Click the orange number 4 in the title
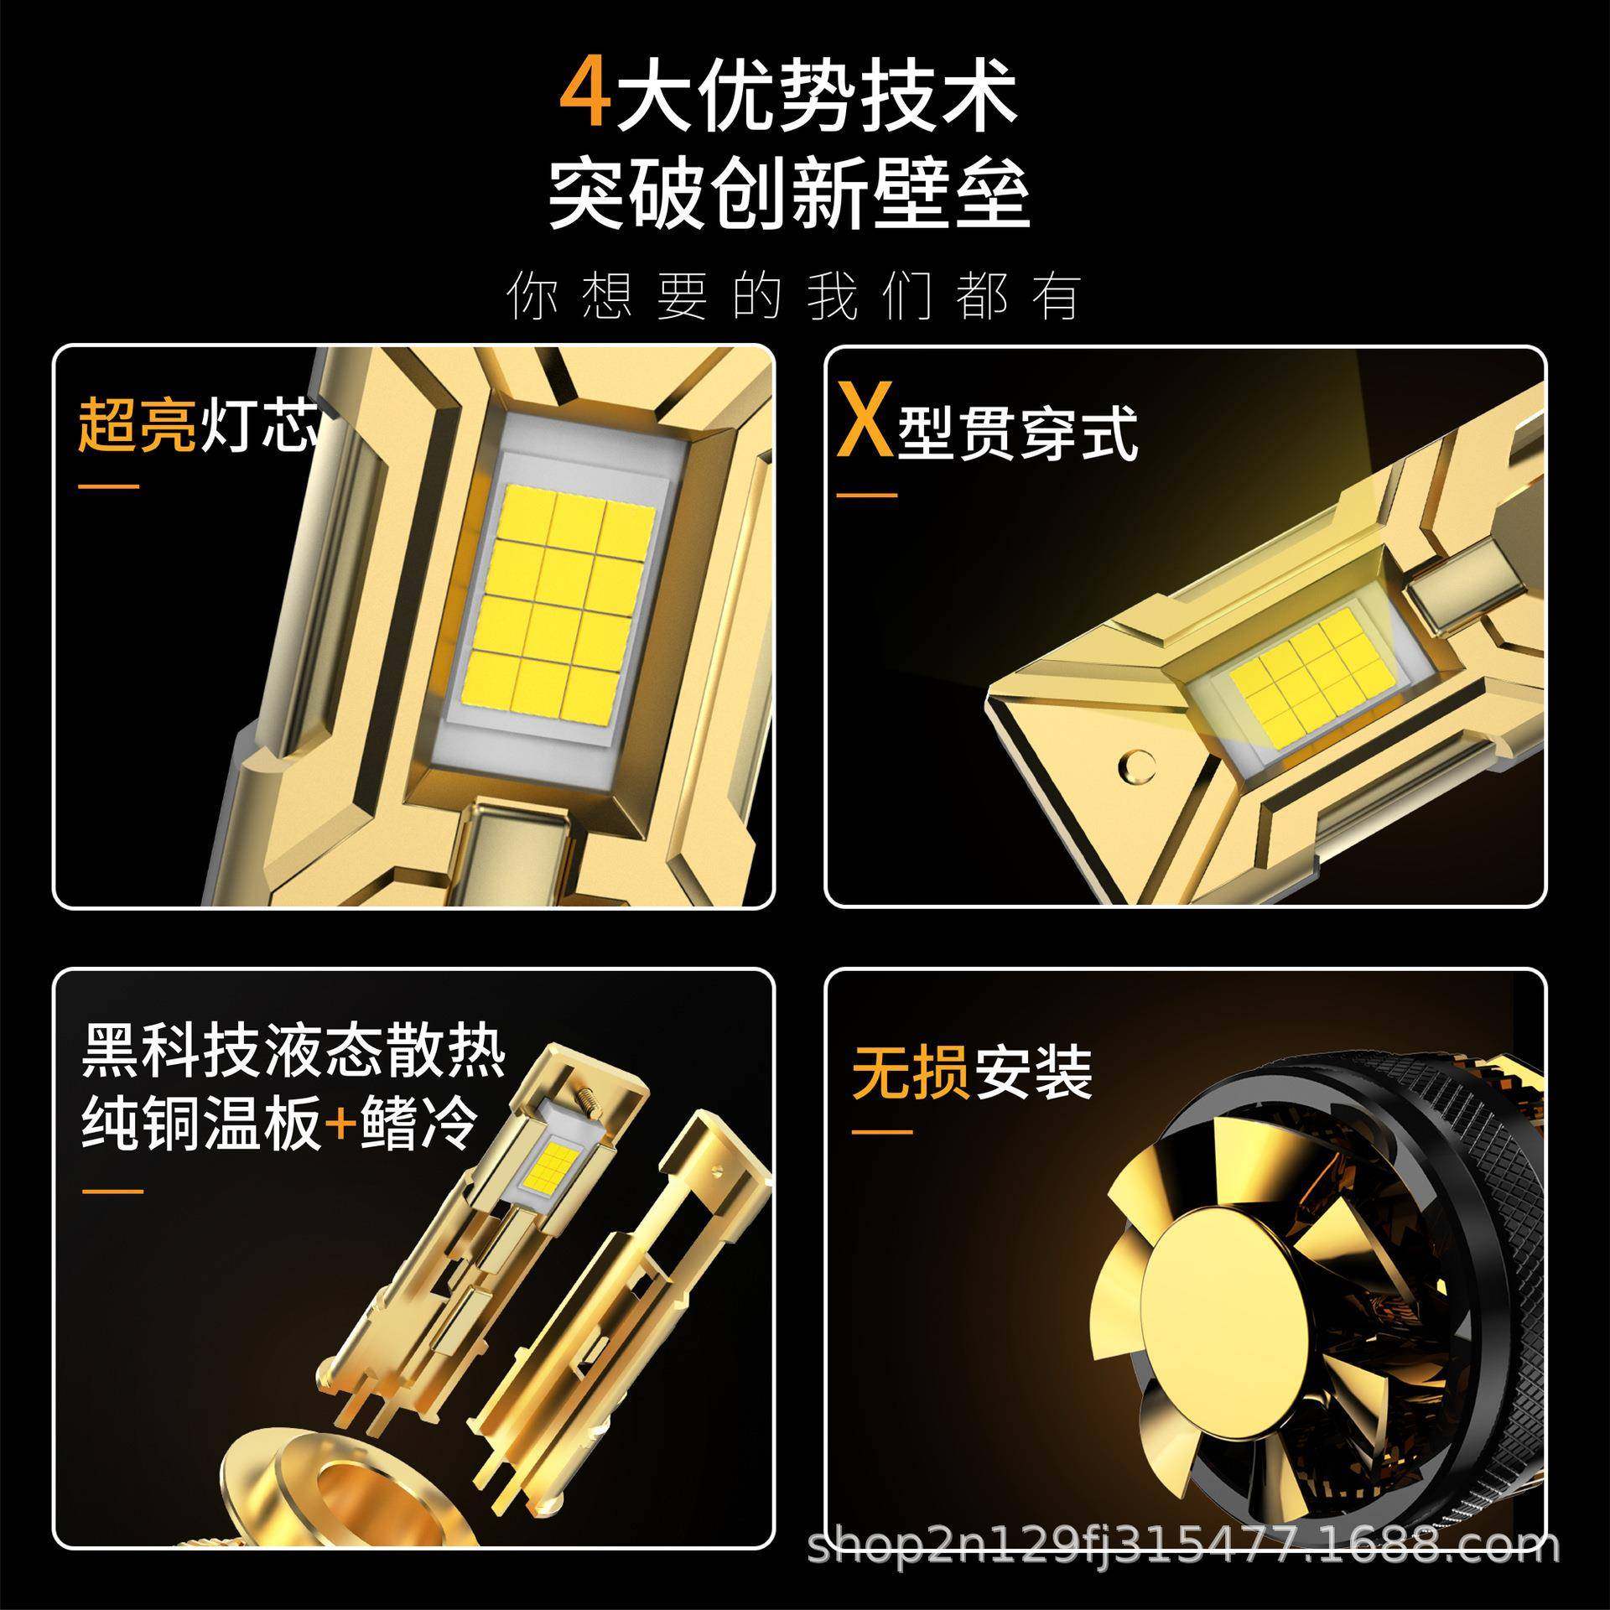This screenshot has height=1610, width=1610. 584,101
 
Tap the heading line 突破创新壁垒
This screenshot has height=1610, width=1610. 788,197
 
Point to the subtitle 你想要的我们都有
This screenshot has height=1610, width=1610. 792,296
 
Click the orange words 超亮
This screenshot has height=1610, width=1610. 137,425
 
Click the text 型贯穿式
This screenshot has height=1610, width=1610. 1017,434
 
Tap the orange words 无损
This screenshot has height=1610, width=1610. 911,1072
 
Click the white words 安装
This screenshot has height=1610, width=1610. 1033,1072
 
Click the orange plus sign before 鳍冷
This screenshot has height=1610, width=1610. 340,1123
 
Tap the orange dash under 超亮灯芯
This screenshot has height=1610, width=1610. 109,487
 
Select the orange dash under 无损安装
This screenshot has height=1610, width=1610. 882,1132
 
